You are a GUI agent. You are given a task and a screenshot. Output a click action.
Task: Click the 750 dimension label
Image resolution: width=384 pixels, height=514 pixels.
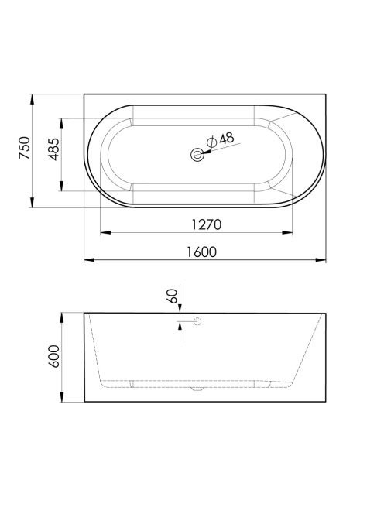[x=25, y=148]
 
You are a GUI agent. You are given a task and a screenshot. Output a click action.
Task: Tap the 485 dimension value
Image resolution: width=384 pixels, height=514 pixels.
[x=54, y=149]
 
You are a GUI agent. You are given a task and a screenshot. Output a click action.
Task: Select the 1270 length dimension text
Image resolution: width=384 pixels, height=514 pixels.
[x=206, y=224]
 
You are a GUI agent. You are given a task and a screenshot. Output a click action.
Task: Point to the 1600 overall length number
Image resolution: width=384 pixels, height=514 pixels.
[x=201, y=252]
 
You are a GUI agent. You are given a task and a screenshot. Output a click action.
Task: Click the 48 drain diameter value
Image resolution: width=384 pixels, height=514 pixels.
[x=227, y=139]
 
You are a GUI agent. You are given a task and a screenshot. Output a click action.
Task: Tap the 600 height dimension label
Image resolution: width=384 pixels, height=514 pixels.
[x=54, y=356]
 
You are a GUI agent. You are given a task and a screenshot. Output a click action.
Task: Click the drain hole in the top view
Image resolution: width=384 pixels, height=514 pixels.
[x=197, y=155]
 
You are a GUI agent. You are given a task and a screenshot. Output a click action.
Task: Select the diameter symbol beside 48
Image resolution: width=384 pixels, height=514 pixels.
[x=212, y=142]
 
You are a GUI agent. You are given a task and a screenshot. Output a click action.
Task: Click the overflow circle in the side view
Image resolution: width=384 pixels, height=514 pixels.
[x=197, y=321]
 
